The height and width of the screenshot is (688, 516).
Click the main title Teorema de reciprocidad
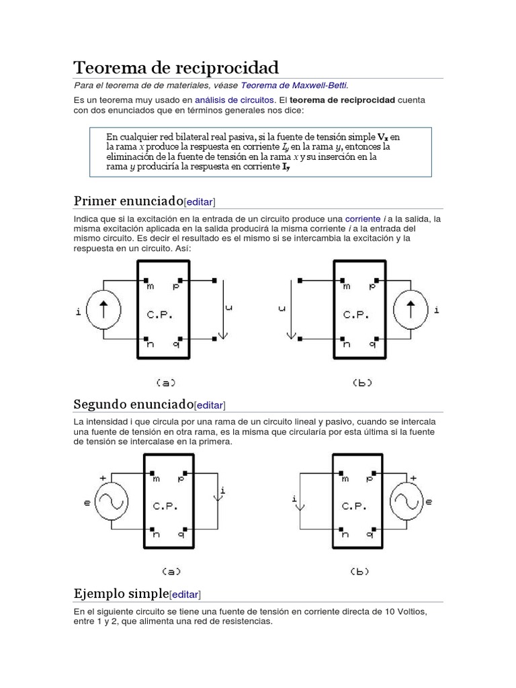[175, 67]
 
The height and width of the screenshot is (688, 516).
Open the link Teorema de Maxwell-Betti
[294, 85]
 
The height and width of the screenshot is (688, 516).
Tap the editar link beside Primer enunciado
[200, 202]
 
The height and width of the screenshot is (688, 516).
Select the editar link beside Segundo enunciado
[210, 405]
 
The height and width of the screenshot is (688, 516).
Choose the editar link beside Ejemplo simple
[185, 595]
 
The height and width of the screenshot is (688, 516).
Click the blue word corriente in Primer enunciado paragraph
[363, 219]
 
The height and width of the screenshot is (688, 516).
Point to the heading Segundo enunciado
[133, 404]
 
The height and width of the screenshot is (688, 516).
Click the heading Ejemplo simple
[121, 593]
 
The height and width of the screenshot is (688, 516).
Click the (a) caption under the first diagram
[165, 383]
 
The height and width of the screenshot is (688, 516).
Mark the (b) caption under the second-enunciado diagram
[361, 572]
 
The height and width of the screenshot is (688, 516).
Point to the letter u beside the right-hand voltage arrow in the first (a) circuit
[229, 308]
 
